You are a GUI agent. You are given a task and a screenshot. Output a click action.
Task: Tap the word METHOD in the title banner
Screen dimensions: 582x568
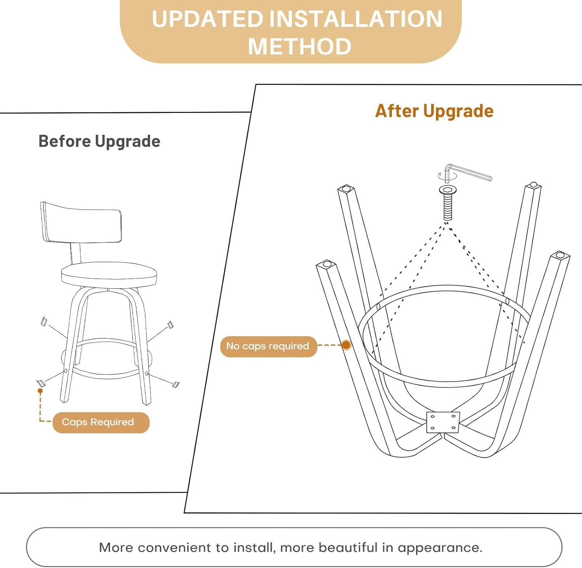[x=300, y=47]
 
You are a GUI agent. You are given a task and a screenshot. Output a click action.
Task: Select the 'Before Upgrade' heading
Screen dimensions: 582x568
[x=99, y=142]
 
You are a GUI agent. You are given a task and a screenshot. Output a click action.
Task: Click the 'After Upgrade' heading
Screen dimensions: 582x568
[x=434, y=111]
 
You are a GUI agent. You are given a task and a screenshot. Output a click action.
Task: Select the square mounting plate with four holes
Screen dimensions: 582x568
[x=443, y=422]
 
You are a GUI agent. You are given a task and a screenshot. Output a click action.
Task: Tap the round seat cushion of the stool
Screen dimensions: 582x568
[x=109, y=275]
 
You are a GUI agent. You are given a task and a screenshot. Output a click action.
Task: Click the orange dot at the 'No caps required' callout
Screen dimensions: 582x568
[x=346, y=345]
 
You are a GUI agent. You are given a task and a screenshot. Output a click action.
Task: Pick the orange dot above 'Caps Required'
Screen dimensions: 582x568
[x=40, y=391]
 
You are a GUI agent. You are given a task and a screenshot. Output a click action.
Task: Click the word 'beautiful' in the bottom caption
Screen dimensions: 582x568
[x=348, y=547]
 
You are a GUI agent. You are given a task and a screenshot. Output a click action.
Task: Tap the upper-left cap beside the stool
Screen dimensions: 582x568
[x=44, y=321]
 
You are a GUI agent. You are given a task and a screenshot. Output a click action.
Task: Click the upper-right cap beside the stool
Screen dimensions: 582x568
[x=170, y=324]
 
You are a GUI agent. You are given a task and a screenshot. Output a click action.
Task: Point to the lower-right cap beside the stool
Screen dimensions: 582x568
[x=176, y=384]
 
